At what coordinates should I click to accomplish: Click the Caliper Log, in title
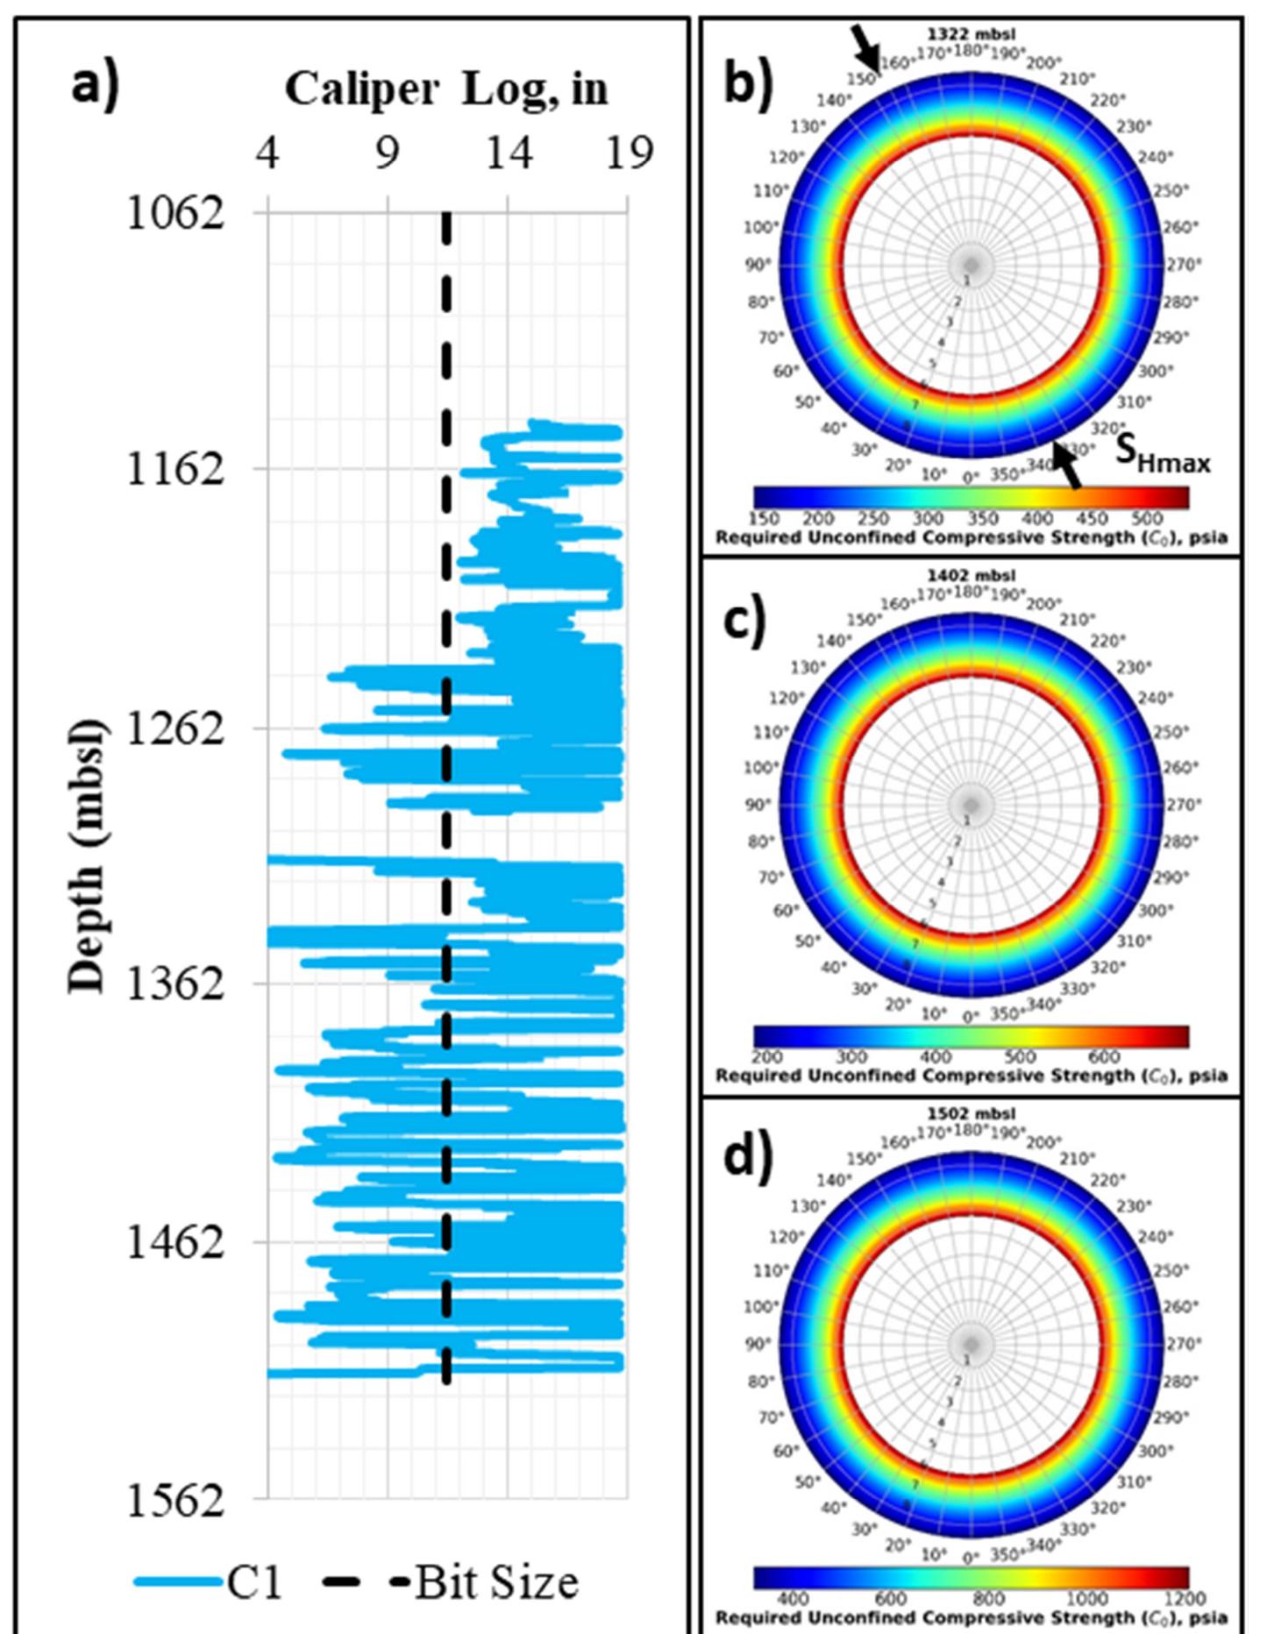446,89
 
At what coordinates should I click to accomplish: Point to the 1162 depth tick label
175,469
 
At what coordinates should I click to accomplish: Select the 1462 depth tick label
175,1242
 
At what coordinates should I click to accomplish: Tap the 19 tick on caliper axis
629,153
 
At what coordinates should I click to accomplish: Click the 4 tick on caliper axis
267,153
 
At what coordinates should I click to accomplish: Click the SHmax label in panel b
1162,457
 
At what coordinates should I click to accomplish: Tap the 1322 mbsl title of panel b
972,35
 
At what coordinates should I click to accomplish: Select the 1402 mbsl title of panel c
972,576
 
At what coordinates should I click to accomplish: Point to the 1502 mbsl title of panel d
972,1114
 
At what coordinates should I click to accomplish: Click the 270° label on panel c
1184,804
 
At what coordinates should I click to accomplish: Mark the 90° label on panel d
758,1343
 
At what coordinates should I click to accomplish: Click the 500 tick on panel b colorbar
1146,519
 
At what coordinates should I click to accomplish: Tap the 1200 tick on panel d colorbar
1185,1599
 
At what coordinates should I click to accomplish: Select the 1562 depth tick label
175,1501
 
